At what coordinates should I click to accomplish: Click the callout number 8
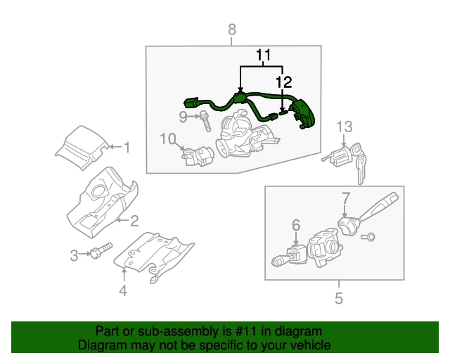click(x=232, y=29)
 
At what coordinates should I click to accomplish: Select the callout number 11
click(x=262, y=54)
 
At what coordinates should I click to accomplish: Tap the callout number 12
click(x=283, y=83)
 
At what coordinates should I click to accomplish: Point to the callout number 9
click(x=183, y=115)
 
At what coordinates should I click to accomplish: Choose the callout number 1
click(x=127, y=148)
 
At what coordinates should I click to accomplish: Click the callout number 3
click(x=74, y=255)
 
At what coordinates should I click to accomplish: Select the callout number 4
click(x=123, y=290)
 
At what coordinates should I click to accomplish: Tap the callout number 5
click(x=338, y=299)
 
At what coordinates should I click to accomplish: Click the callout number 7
click(x=345, y=198)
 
